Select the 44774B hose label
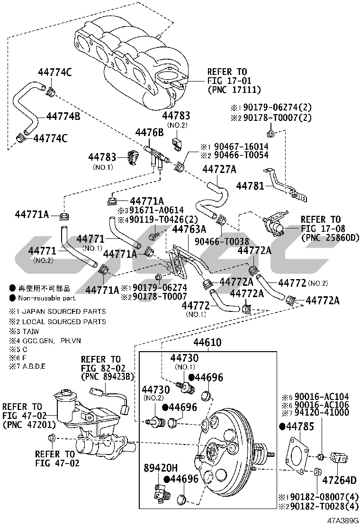pyautogui.click(x=63, y=116)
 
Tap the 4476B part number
pyautogui.click(x=150, y=132)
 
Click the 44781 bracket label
pyautogui.click(x=249, y=185)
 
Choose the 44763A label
pyautogui.click(x=189, y=229)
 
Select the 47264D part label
pyautogui.click(x=339, y=480)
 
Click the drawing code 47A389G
pyautogui.click(x=342, y=521)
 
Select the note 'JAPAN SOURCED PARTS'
pyautogui.click(x=62, y=311)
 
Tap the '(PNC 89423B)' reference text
pyautogui.click(x=108, y=377)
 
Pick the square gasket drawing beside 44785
pyautogui.click(x=296, y=453)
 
